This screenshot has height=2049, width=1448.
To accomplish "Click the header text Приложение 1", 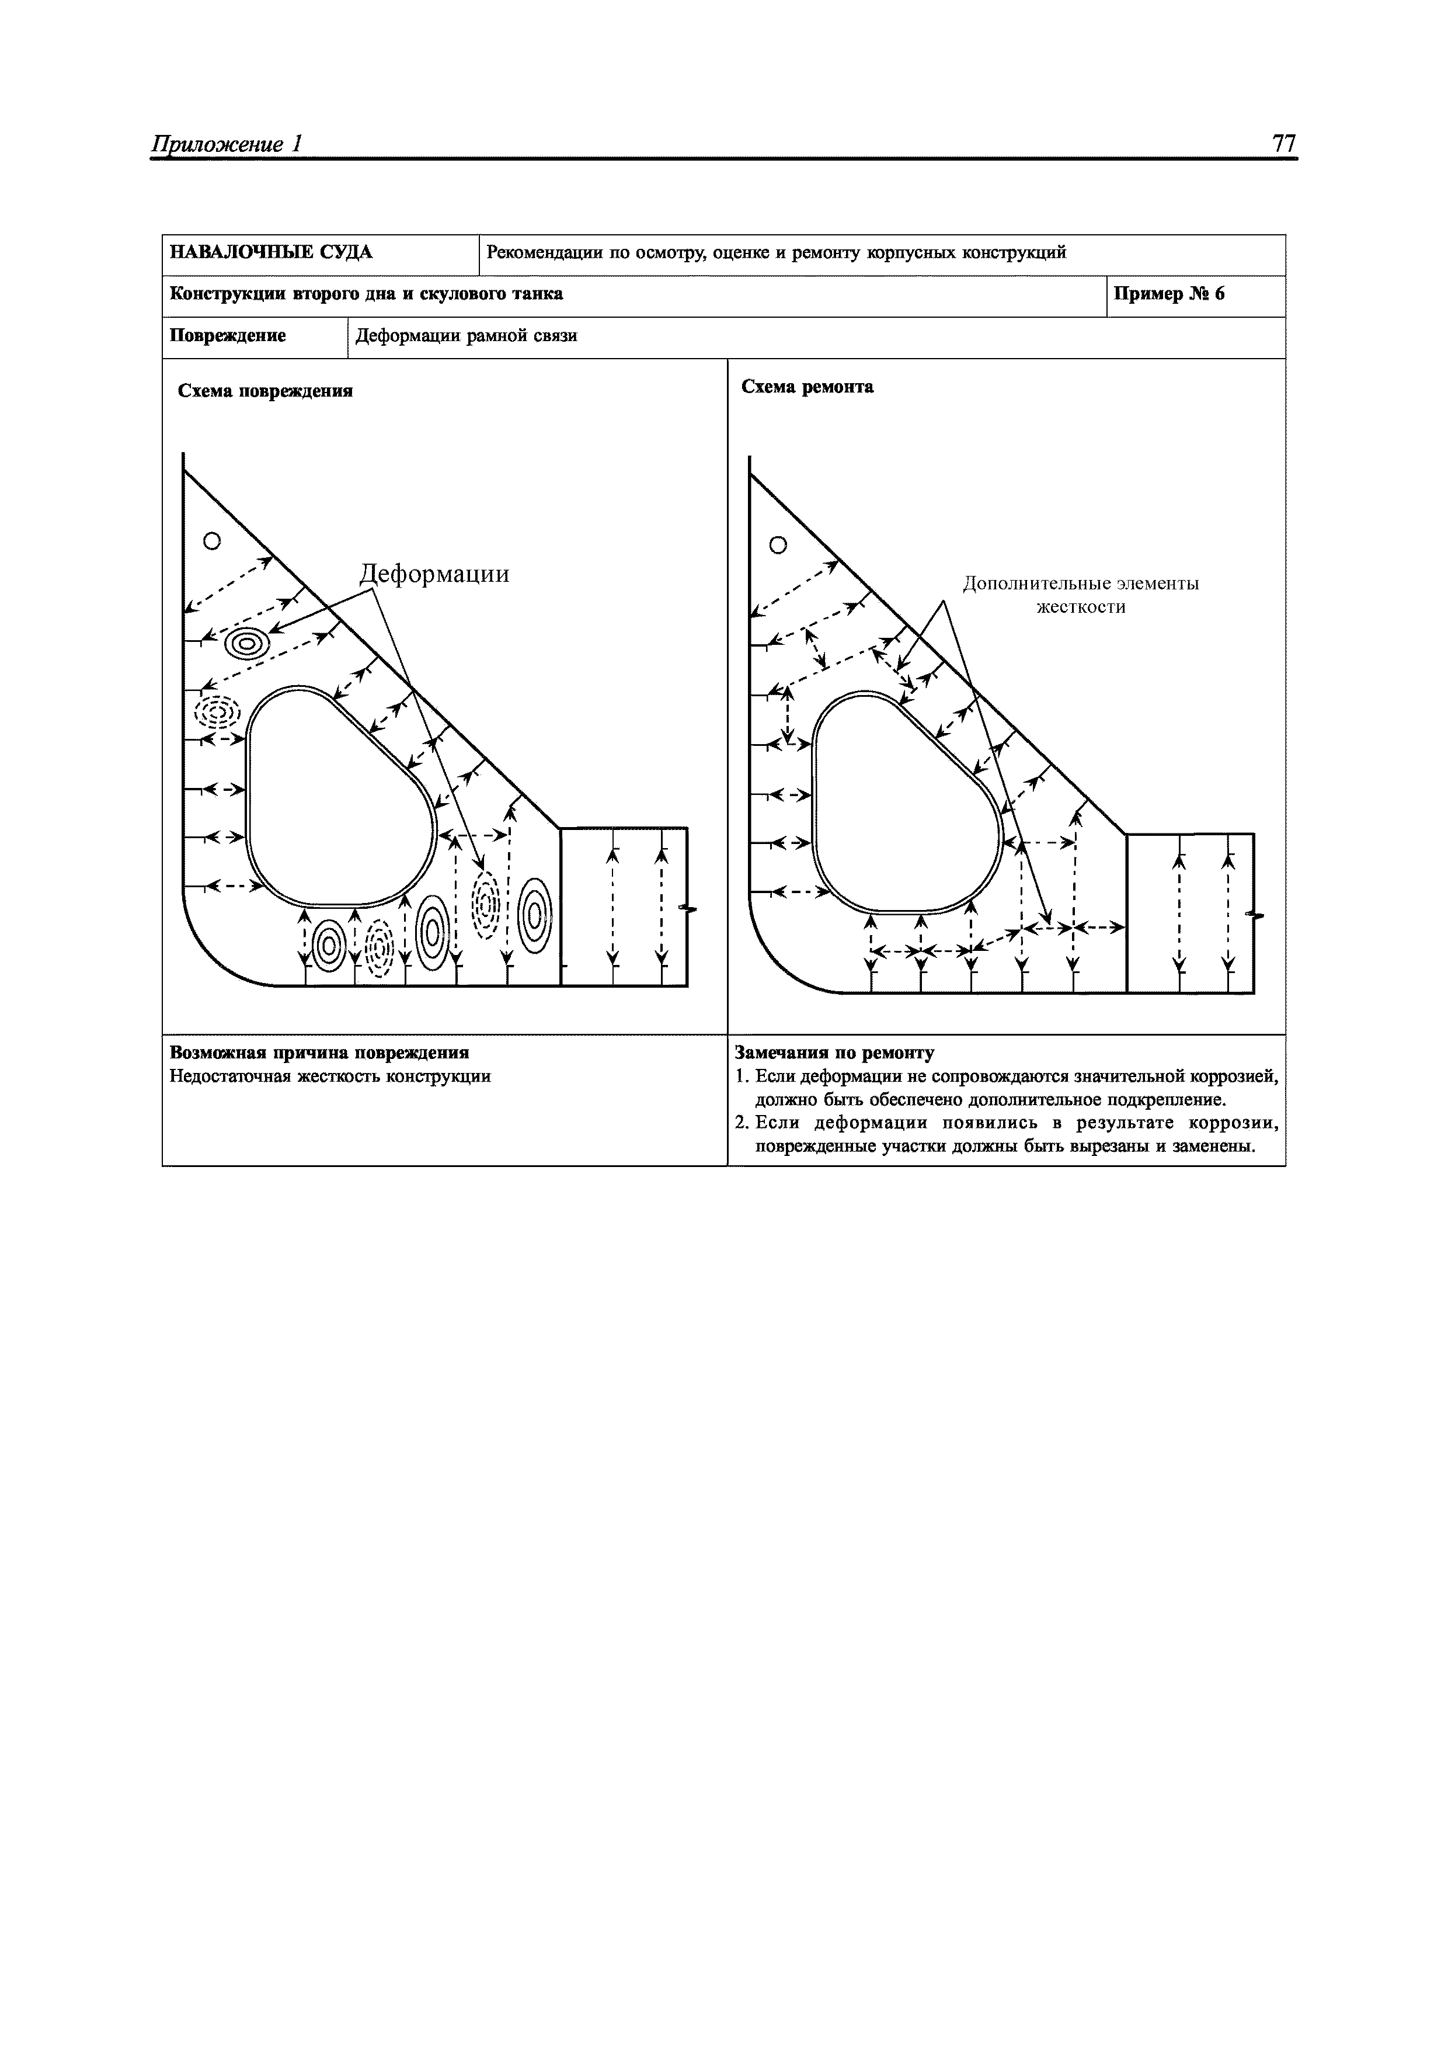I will click(228, 145).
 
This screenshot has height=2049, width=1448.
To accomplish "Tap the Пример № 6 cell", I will click(1169, 294).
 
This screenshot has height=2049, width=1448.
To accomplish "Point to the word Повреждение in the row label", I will click(228, 336).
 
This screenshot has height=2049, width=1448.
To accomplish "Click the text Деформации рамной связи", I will click(466, 336).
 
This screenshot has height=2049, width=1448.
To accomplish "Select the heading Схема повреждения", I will click(265, 391).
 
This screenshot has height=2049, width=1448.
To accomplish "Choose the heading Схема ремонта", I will click(807, 387).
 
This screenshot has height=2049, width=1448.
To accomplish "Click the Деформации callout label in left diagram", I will click(434, 573).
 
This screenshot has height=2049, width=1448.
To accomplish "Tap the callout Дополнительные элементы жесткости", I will click(1080, 595).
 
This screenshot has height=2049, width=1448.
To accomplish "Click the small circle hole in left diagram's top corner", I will click(211, 541).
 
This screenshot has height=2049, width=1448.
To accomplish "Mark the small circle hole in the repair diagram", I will click(778, 546).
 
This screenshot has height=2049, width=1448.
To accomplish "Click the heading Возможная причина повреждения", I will click(319, 1053).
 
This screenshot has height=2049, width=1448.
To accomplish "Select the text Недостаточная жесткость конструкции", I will click(330, 1076).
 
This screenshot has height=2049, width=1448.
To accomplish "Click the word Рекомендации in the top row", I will click(544, 252).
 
